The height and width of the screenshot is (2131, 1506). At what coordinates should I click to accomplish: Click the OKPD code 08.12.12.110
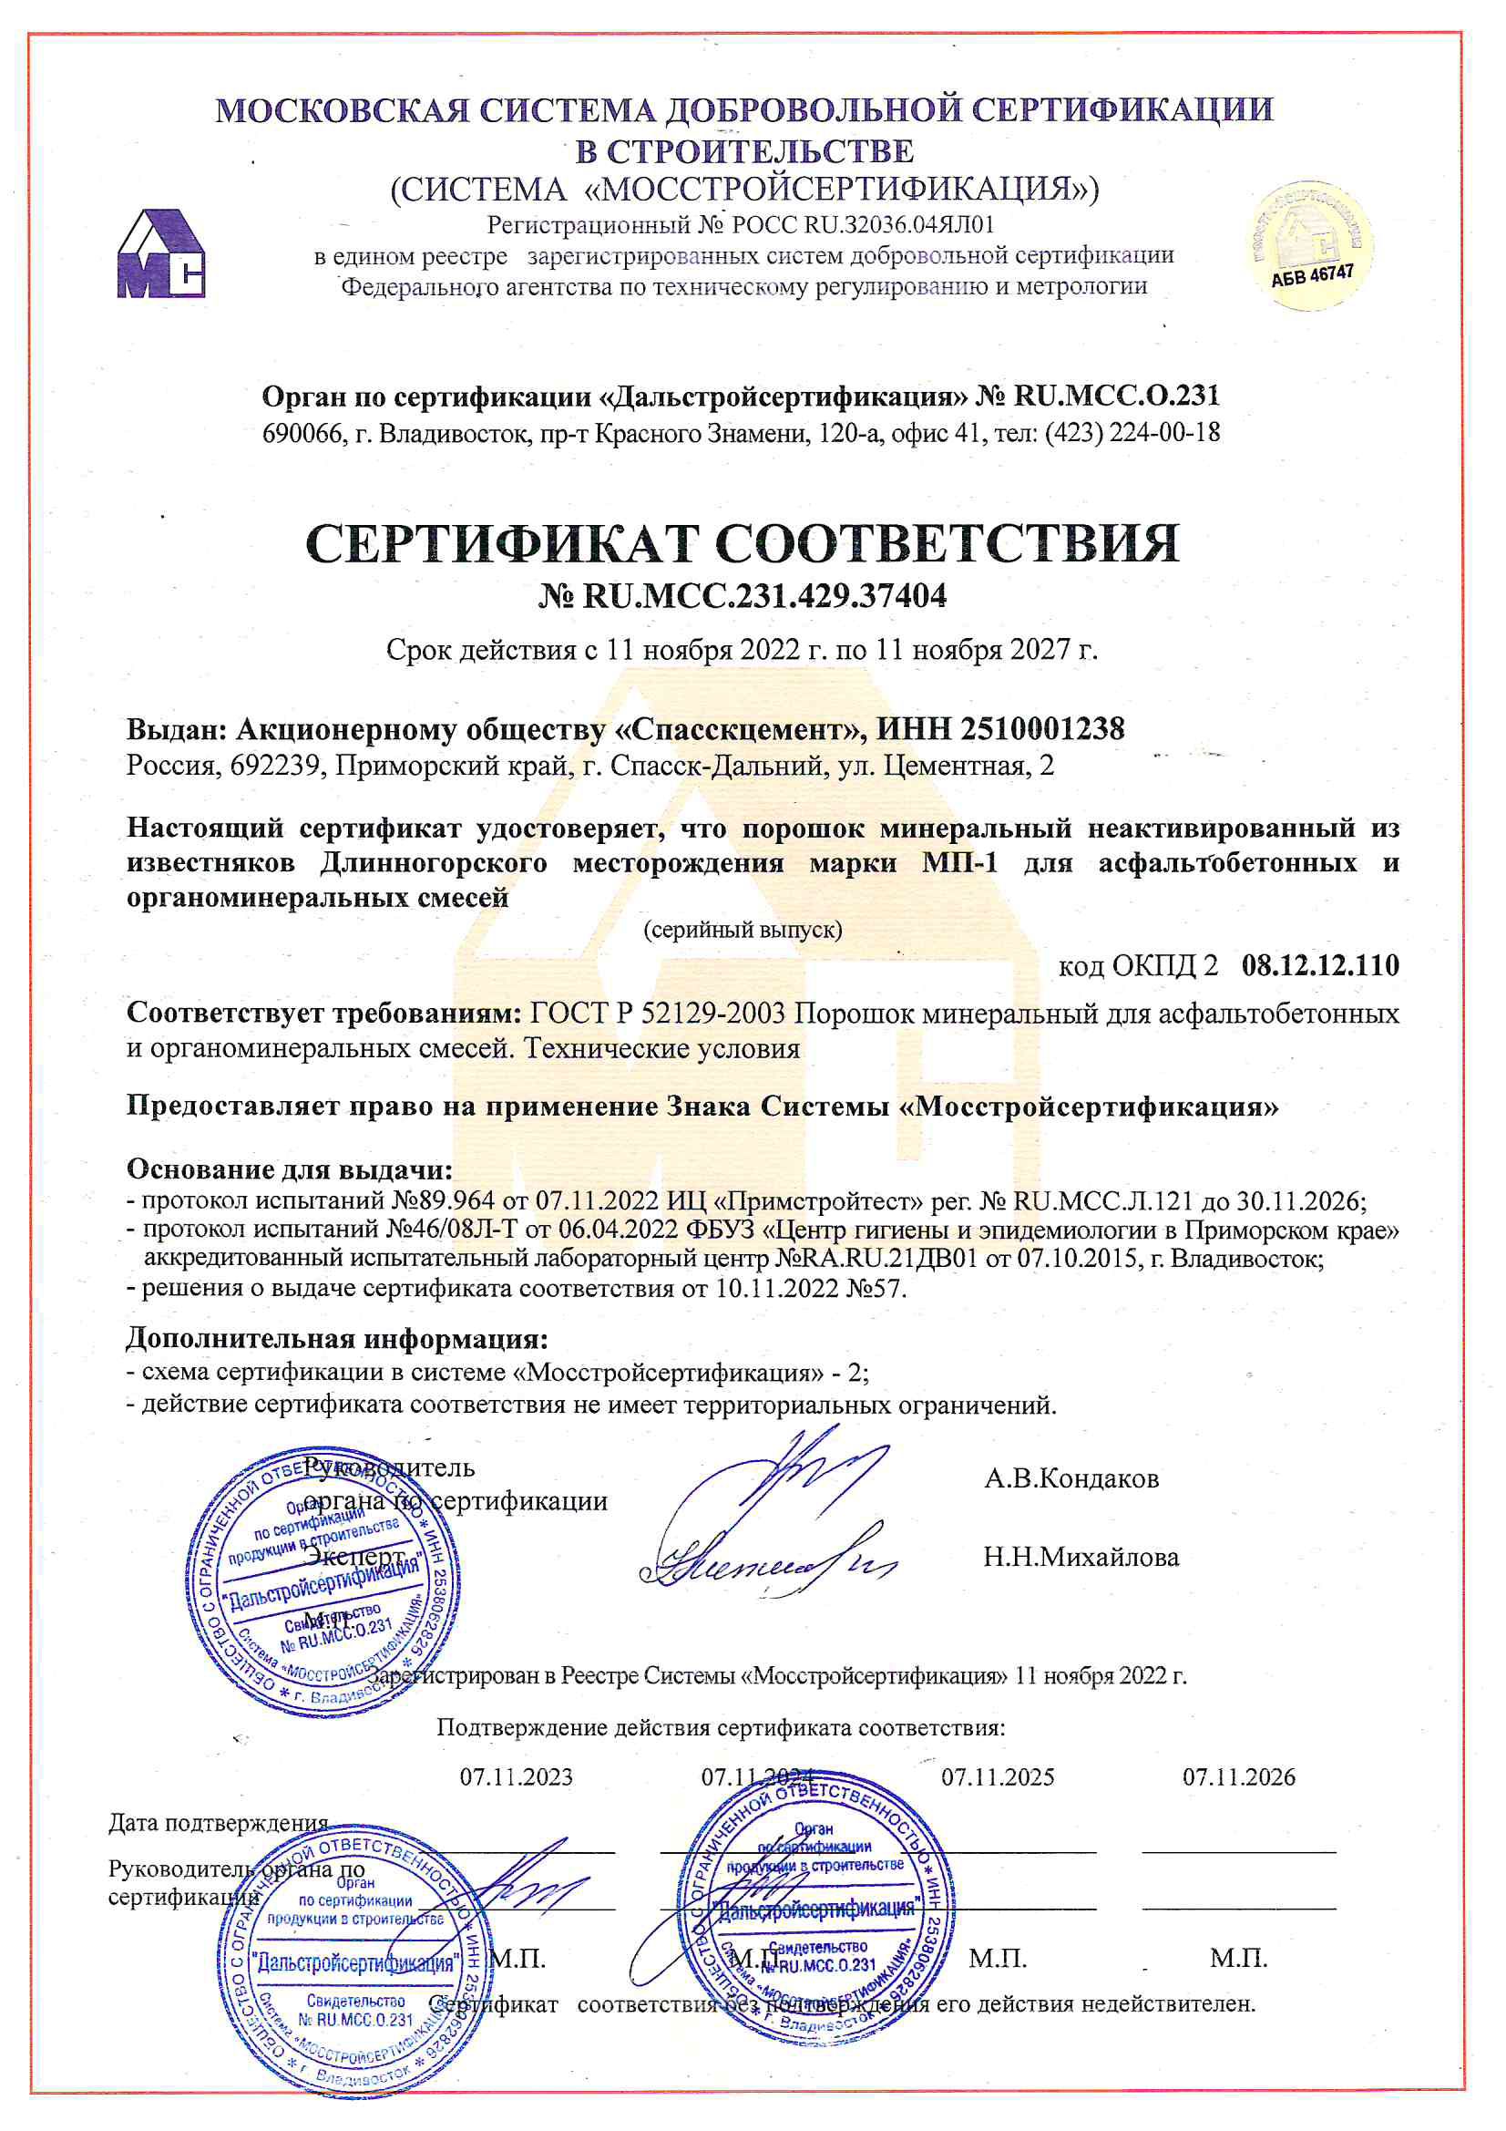1319,965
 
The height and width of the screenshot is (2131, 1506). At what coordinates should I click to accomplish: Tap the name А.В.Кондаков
1071,1477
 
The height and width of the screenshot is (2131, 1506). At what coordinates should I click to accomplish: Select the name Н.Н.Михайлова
1081,1557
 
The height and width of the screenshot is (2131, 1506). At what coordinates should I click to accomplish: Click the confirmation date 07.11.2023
516,1776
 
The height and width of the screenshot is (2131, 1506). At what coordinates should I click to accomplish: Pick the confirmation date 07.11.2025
998,1776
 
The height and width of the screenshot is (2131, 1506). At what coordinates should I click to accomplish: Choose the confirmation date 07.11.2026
1238,1776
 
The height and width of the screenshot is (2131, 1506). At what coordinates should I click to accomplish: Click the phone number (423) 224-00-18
1132,433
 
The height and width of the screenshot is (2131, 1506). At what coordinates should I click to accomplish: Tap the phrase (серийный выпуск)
743,929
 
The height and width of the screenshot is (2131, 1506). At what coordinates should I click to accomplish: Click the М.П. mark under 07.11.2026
1238,1959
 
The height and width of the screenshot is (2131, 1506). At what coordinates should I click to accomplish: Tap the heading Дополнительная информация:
337,1338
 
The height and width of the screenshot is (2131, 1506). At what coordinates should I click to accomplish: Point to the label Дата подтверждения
218,1822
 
